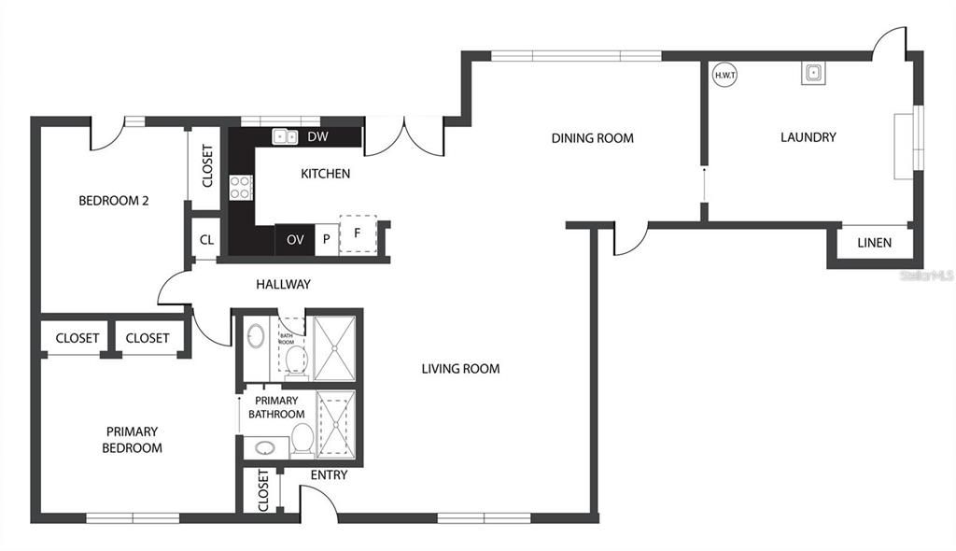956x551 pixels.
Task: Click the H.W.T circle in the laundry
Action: pyautogui.click(x=724, y=75)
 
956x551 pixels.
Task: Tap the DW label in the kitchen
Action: pyautogui.click(x=317, y=137)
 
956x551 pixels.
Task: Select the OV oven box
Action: pyautogui.click(x=295, y=240)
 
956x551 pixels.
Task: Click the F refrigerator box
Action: pyautogui.click(x=357, y=233)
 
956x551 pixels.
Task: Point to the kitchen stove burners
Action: pyautogui.click(x=242, y=187)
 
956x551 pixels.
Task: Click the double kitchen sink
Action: pyautogui.click(x=285, y=137)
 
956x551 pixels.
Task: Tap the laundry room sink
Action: pyautogui.click(x=811, y=73)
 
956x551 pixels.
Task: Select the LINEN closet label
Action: pyautogui.click(x=874, y=243)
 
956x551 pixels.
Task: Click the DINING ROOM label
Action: pyautogui.click(x=592, y=138)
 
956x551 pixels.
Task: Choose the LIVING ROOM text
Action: pyautogui.click(x=460, y=369)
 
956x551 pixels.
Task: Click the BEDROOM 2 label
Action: pyautogui.click(x=114, y=200)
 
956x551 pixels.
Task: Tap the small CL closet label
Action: pyautogui.click(x=206, y=240)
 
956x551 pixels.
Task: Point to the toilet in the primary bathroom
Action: pyautogui.click(x=302, y=439)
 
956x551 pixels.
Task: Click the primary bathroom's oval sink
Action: pyautogui.click(x=264, y=447)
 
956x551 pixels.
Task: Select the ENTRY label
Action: pyautogui.click(x=329, y=475)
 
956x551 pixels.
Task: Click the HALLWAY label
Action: pyautogui.click(x=283, y=285)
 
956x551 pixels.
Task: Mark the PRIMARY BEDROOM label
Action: pyautogui.click(x=132, y=440)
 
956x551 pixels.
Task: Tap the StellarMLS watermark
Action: pyautogui.click(x=925, y=276)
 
